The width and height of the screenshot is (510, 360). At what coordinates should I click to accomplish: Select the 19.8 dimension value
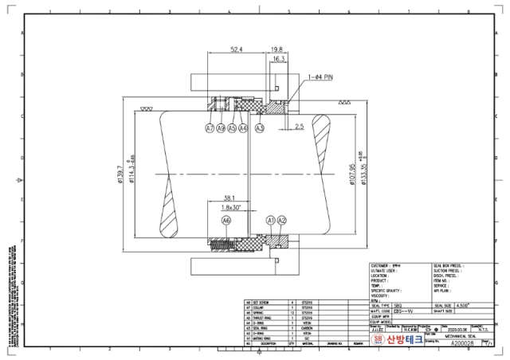click(x=277, y=49)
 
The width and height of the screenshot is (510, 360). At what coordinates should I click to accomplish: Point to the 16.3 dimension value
click(x=279, y=59)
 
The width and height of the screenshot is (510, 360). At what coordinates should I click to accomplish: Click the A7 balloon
click(x=210, y=127)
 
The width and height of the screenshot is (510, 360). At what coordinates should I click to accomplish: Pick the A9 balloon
click(x=221, y=127)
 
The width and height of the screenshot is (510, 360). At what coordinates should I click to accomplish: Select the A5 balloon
click(x=232, y=127)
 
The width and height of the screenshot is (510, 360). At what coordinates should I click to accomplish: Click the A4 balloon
click(x=243, y=127)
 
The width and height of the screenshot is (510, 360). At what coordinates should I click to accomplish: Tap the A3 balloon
click(x=260, y=127)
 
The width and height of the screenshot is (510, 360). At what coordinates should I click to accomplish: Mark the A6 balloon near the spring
click(x=226, y=220)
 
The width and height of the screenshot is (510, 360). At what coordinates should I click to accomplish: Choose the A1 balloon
click(x=271, y=220)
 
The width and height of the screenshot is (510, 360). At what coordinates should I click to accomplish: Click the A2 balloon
click(x=282, y=220)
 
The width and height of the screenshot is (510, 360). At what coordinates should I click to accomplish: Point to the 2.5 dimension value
click(x=299, y=126)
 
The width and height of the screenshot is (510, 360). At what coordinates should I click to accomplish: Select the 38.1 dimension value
click(x=229, y=198)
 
